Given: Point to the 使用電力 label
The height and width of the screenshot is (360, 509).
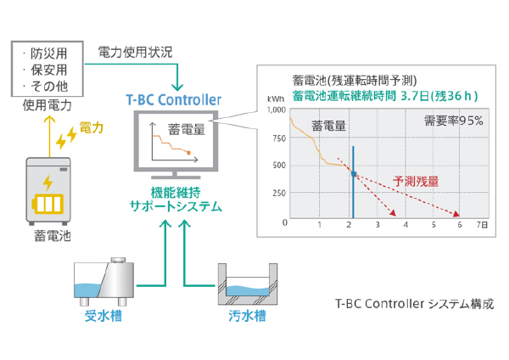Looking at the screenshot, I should (48, 106).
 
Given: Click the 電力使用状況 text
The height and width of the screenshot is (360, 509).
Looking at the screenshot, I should (136, 52).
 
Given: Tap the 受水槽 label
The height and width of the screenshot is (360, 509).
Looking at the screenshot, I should (103, 317).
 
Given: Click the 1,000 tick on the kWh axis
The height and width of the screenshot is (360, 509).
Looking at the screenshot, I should (275, 110).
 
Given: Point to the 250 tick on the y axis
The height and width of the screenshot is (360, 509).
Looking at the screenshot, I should (278, 194).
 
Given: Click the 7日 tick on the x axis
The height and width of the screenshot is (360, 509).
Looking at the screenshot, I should (482, 225).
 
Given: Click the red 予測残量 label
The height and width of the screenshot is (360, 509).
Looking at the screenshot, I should (416, 181).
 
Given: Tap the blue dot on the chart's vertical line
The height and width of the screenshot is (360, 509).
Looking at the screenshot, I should (354, 173).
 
